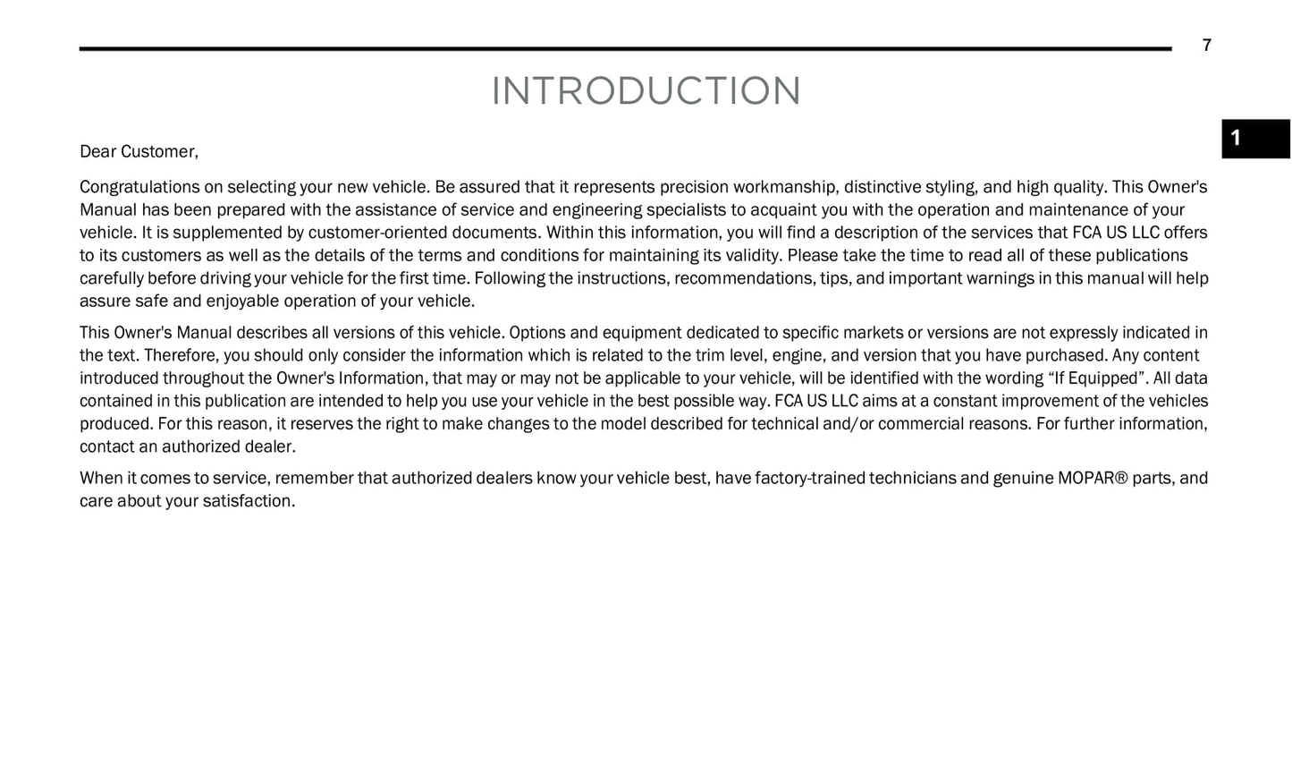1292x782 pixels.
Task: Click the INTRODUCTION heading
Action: [646, 91]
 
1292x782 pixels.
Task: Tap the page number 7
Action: [1206, 46]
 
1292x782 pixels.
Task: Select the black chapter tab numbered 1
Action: [1254, 139]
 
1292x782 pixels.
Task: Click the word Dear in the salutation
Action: [97, 152]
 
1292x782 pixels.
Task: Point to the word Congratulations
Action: [139, 187]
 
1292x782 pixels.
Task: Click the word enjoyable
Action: [241, 301]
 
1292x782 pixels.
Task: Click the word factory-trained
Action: [809, 478]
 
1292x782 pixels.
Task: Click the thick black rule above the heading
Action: [625, 48]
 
